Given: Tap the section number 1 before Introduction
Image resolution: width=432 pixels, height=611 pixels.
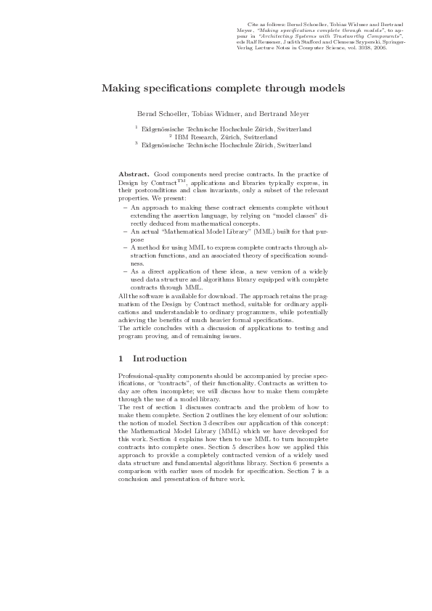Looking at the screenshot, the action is pos(121,358).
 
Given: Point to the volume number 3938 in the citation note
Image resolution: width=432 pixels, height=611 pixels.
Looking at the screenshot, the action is pos(341,48).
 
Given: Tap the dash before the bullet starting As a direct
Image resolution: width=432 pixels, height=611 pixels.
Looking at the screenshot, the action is pos(125,270).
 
